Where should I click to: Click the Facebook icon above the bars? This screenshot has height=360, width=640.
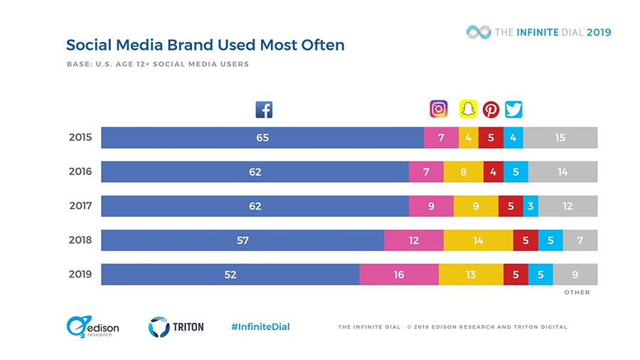click(x=264, y=110)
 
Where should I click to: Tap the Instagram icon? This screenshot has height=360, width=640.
click(x=439, y=109)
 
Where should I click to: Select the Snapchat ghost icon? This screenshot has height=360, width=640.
click(x=467, y=109)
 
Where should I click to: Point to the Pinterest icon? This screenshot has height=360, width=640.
click(x=491, y=110)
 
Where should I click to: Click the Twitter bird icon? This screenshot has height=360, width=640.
click(x=513, y=110)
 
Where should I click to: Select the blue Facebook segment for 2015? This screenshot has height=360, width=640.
click(x=262, y=137)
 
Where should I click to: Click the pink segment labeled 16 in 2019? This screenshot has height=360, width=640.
click(x=399, y=275)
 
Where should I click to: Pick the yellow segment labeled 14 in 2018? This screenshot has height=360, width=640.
click(x=478, y=240)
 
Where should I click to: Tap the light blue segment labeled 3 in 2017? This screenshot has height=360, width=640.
click(x=530, y=206)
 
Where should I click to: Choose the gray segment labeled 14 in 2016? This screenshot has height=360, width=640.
click(x=562, y=171)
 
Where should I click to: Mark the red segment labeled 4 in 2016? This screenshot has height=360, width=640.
click(x=493, y=171)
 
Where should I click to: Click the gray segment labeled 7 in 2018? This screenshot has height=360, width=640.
click(x=580, y=240)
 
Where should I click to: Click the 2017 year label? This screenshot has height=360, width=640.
click(x=80, y=206)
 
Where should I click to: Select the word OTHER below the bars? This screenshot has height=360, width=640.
click(x=577, y=292)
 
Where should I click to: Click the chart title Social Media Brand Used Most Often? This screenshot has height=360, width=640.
click(x=205, y=45)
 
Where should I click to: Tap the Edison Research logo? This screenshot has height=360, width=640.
click(x=92, y=327)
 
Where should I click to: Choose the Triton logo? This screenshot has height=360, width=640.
click(x=176, y=327)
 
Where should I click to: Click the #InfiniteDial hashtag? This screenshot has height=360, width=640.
click(x=260, y=327)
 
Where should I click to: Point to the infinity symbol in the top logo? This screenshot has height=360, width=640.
click(x=479, y=32)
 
